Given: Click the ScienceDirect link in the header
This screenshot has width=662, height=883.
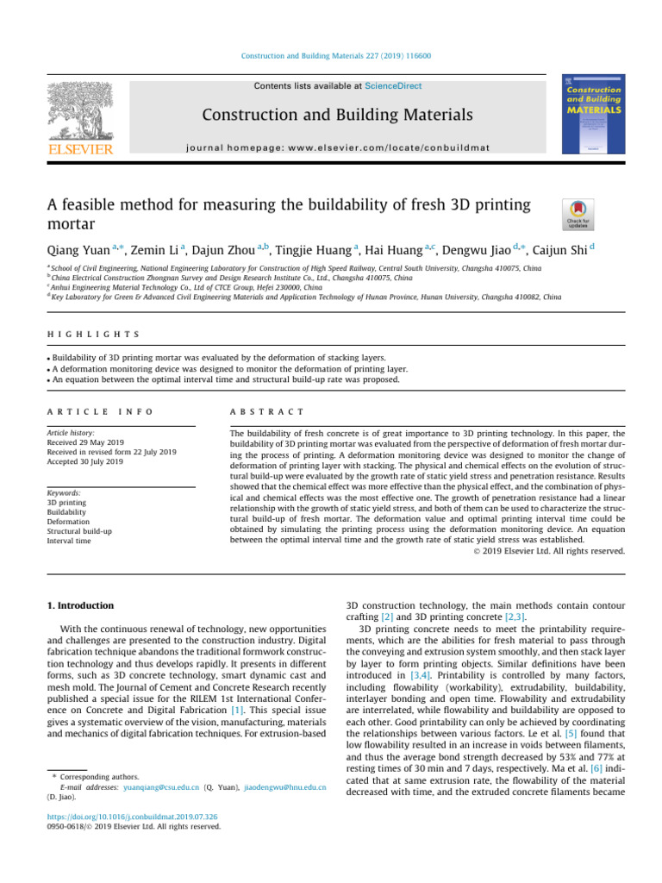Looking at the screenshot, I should click(394, 86).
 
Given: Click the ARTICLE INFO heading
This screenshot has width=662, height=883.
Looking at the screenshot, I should click(84, 412).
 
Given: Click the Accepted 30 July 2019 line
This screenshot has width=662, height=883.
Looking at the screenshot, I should click(84, 462).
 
